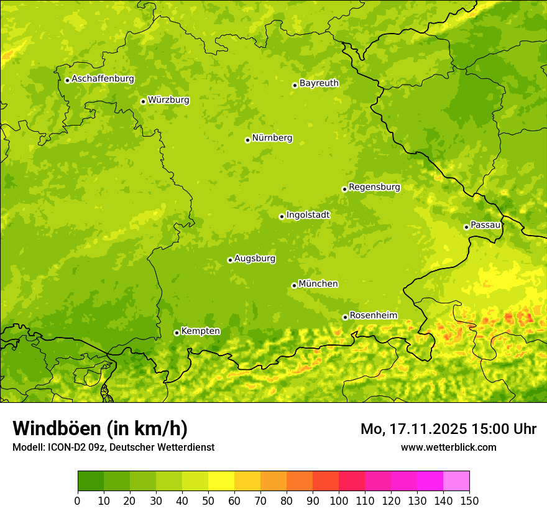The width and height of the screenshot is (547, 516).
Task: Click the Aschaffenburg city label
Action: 103,79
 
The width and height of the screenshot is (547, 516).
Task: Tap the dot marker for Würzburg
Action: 143,101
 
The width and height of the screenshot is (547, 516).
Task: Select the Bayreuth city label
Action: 319,83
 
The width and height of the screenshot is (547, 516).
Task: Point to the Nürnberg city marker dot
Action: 247,140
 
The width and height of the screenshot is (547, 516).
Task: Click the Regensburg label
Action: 374,187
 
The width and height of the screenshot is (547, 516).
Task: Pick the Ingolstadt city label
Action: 308,214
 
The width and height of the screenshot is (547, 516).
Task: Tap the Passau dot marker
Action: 466,227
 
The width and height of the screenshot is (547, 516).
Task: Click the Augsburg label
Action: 255,258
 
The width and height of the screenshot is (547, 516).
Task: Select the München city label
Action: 318,283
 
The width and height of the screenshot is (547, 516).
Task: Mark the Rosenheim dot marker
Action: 345,317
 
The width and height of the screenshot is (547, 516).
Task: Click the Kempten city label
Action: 200,331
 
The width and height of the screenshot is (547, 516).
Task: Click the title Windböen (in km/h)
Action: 99,428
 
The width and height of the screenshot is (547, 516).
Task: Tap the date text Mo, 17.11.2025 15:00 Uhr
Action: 448,429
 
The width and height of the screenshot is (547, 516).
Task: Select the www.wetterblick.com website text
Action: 448,447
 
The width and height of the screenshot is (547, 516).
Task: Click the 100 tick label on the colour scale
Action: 339,501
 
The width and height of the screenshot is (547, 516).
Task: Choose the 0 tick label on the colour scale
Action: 78,501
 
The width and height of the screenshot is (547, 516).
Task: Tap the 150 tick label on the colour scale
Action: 469,501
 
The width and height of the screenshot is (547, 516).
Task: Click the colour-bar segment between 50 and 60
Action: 221,481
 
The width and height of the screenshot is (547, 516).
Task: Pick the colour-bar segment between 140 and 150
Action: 456,481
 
